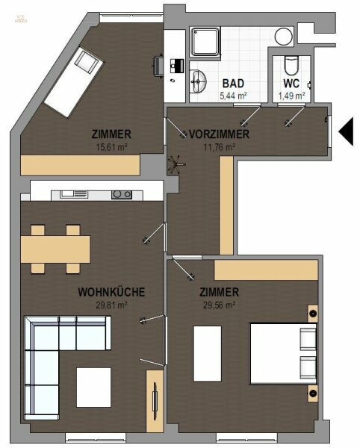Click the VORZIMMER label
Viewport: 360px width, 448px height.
(219, 134)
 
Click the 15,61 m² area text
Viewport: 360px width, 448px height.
(111, 147)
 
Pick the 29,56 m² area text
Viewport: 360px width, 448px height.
(219, 305)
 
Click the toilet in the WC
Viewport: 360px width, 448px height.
(291, 65)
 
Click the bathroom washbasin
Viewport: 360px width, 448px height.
(199, 81)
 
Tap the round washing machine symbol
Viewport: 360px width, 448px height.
(283, 36)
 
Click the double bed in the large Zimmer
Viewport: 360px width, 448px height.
(282, 352)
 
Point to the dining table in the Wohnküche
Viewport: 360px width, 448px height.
(55, 246)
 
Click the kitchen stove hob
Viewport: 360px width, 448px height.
(121, 195)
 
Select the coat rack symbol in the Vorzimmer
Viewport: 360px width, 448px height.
(177, 163)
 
